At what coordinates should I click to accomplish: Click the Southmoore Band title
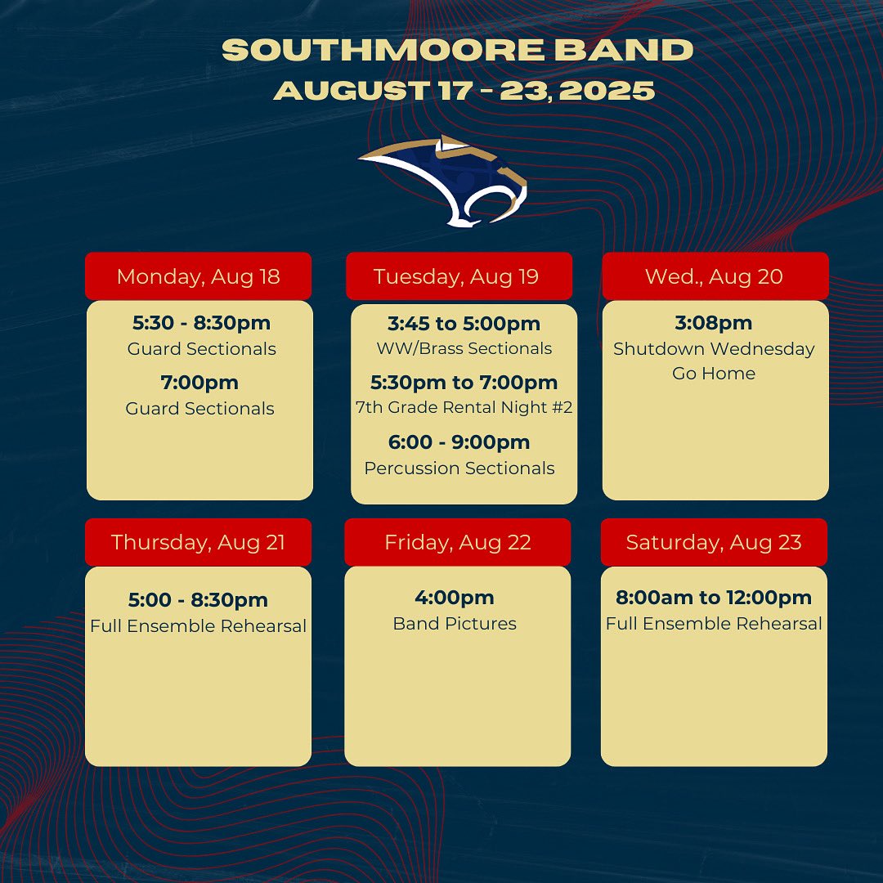[x=458, y=50]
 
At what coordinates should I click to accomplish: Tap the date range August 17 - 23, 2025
[x=464, y=90]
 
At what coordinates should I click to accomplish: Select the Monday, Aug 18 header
[x=199, y=276]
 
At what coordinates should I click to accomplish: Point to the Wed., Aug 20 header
[x=714, y=276]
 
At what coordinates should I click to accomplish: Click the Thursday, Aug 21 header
[x=198, y=542]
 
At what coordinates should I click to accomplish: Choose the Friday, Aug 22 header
[x=458, y=542]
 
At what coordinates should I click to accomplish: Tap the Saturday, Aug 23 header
[x=714, y=542]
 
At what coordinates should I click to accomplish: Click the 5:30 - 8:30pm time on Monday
[x=201, y=323]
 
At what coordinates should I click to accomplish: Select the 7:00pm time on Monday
[x=200, y=383]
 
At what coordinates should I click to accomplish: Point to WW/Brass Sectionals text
[x=464, y=348]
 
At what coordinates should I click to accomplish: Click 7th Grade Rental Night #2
[x=464, y=407]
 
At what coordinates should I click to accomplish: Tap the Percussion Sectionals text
[x=459, y=468]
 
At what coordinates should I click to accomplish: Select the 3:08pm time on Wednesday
[x=714, y=323]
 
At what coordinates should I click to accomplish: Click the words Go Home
[x=714, y=374]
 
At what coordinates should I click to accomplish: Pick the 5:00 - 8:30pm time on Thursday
[x=198, y=600]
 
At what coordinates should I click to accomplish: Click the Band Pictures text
[x=455, y=624]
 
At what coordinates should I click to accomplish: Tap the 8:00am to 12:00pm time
[x=714, y=598]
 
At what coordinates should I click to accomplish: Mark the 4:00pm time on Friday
[x=455, y=598]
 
